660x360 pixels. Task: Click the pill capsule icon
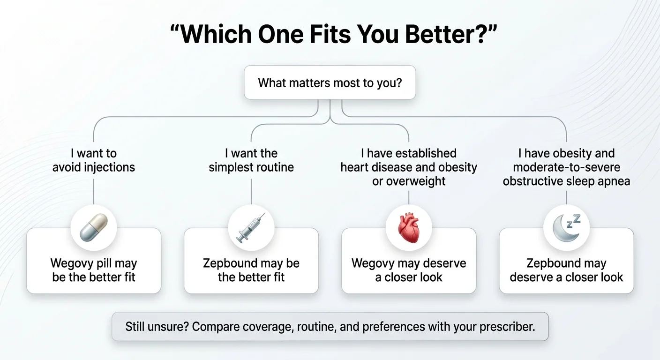[94, 228]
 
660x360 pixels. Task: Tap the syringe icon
[251, 228]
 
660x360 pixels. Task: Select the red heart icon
[408, 228]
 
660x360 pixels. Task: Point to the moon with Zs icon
[566, 228]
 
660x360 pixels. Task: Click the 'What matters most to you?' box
[330, 83]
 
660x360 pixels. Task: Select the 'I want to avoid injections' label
[94, 160]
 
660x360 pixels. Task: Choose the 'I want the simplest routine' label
[251, 160]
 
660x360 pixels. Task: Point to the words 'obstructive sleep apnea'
[566, 181]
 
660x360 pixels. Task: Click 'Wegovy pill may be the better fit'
[94, 270]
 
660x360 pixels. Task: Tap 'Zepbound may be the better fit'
[251, 270]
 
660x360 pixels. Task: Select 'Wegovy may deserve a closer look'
[409, 270]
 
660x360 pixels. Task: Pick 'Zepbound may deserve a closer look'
[566, 270]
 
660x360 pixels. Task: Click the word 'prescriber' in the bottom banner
[508, 327]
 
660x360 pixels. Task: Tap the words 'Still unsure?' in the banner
[157, 327]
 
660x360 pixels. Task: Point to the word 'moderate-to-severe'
[566, 167]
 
